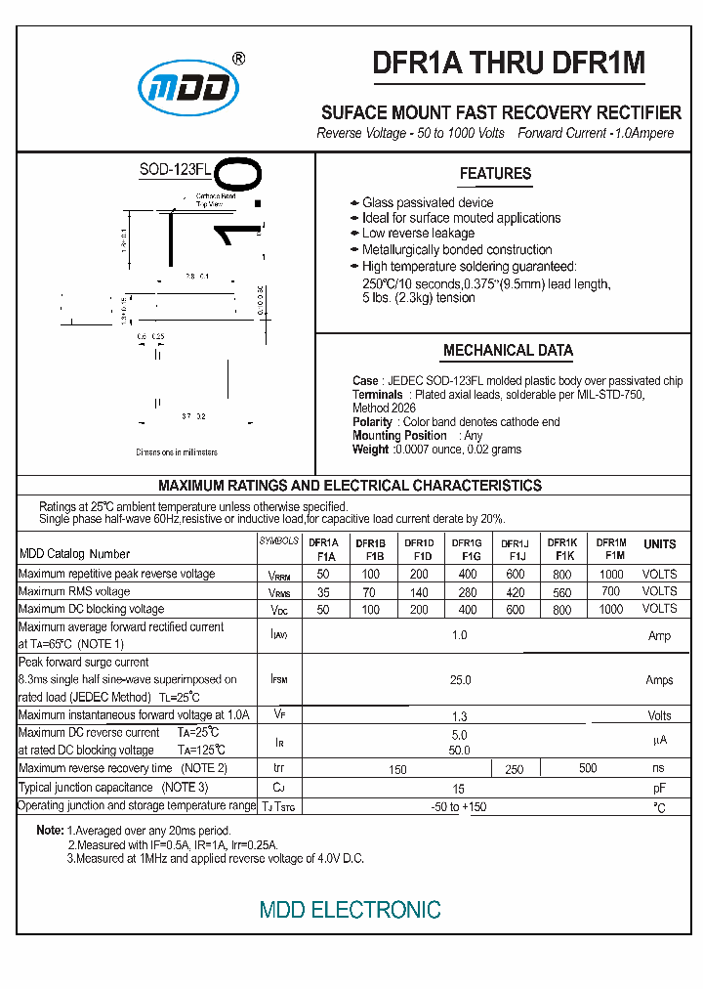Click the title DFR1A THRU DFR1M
(509, 63)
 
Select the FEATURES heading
(495, 174)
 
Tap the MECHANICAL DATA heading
(508, 350)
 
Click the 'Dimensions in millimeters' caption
(177, 452)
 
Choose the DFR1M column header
(611, 548)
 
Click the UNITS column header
(659, 544)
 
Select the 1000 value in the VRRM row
(611, 575)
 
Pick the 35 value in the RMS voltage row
(323, 591)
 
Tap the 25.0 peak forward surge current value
(459, 680)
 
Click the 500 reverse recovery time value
(588, 768)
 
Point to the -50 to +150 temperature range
(459, 807)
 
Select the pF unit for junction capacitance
(659, 788)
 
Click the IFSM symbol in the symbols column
(278, 678)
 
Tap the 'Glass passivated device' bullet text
(428, 202)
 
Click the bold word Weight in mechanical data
(370, 450)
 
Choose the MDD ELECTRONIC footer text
(350, 910)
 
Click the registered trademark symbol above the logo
(239, 59)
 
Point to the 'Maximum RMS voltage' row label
(74, 591)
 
